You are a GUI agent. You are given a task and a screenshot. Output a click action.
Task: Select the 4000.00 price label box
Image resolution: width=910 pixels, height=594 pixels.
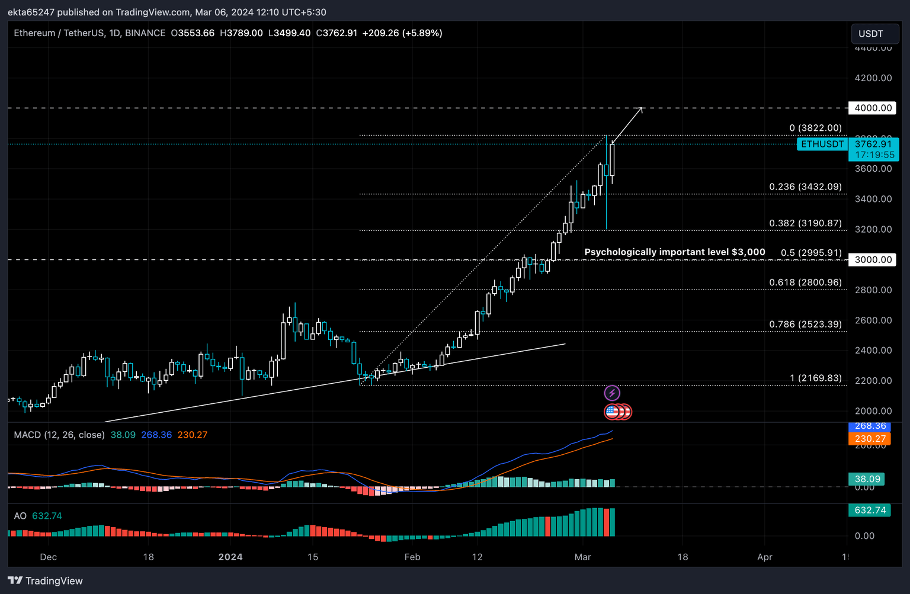click(x=873, y=108)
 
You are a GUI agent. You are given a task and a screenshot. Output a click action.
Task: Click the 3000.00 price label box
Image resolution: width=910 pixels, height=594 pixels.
click(x=873, y=259)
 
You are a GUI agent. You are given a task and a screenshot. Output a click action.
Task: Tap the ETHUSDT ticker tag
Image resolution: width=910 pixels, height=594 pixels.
click(x=822, y=144)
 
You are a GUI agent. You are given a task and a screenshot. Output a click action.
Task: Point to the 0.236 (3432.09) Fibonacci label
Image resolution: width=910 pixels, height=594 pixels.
click(x=805, y=187)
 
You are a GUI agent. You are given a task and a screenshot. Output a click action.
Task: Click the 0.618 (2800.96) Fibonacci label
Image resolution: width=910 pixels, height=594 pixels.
click(x=805, y=282)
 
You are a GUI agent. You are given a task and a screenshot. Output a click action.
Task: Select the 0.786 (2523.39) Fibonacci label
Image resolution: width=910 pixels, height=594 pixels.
click(x=805, y=324)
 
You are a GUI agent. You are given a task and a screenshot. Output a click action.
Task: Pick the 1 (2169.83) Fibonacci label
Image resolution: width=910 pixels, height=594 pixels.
click(x=815, y=378)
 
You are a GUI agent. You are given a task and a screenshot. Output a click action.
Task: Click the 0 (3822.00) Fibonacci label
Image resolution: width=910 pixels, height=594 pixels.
click(x=815, y=128)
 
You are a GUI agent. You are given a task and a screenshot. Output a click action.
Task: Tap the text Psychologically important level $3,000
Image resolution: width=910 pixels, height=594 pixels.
click(x=674, y=252)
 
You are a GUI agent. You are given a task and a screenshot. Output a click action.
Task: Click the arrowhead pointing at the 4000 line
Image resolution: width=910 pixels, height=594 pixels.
click(x=640, y=110)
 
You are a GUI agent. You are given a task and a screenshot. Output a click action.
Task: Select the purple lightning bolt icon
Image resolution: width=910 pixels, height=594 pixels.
click(x=612, y=393)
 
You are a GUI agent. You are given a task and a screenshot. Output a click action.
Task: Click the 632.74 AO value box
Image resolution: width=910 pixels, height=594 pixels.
click(x=870, y=510)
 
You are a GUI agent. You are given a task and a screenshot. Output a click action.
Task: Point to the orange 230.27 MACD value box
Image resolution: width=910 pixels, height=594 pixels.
click(x=870, y=439)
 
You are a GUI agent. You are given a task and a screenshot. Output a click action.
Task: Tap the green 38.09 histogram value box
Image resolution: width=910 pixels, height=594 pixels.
click(x=867, y=479)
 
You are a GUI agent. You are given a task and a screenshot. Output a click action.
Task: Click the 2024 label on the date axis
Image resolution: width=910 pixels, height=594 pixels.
click(x=230, y=557)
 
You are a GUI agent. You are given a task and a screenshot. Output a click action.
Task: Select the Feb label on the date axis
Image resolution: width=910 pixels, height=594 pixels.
click(x=412, y=557)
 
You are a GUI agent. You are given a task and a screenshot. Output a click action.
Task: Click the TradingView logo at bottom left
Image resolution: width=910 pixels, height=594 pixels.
click(x=46, y=580)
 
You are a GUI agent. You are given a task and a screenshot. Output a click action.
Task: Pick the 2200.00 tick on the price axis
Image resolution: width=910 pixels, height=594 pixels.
click(x=873, y=380)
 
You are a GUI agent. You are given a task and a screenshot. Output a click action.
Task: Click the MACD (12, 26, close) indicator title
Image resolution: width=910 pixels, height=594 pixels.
click(x=59, y=435)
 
